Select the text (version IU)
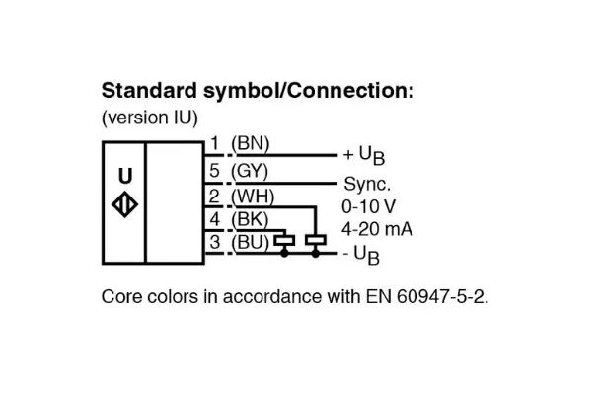[x=150, y=118]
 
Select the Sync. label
[x=366, y=184]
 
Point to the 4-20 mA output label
[x=376, y=229]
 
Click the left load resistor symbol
[x=285, y=240]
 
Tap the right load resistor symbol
[x=316, y=240]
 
